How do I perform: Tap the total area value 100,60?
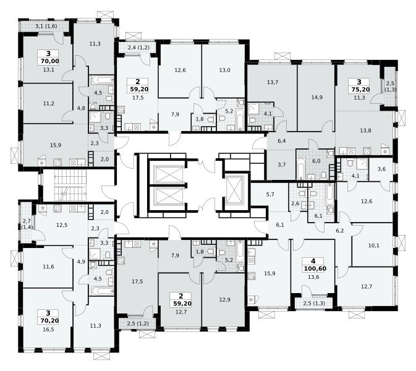click(x=315, y=269)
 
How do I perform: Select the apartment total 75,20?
click(x=360, y=90)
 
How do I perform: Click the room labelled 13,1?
click(x=49, y=70)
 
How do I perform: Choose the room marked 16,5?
click(x=49, y=330)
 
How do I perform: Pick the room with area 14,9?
click(x=316, y=98)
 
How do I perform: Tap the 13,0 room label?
click(x=224, y=70)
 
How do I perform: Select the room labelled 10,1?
click(x=373, y=245)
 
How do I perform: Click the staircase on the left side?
click(x=70, y=185)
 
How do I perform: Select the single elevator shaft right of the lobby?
click(x=234, y=190)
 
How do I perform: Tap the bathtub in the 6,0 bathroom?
click(x=301, y=169)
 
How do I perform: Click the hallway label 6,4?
click(x=281, y=141)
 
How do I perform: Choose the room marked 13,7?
click(x=273, y=82)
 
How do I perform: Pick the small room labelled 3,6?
click(x=381, y=169)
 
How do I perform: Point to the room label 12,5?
click(x=62, y=225)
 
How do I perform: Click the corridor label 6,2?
click(x=340, y=231)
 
